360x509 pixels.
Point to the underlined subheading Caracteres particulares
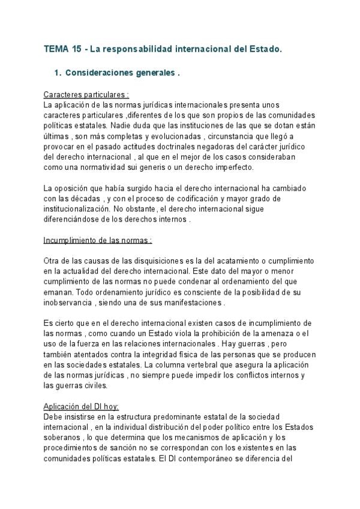[x=85, y=95]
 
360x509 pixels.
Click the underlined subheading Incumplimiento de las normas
[x=98, y=241]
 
